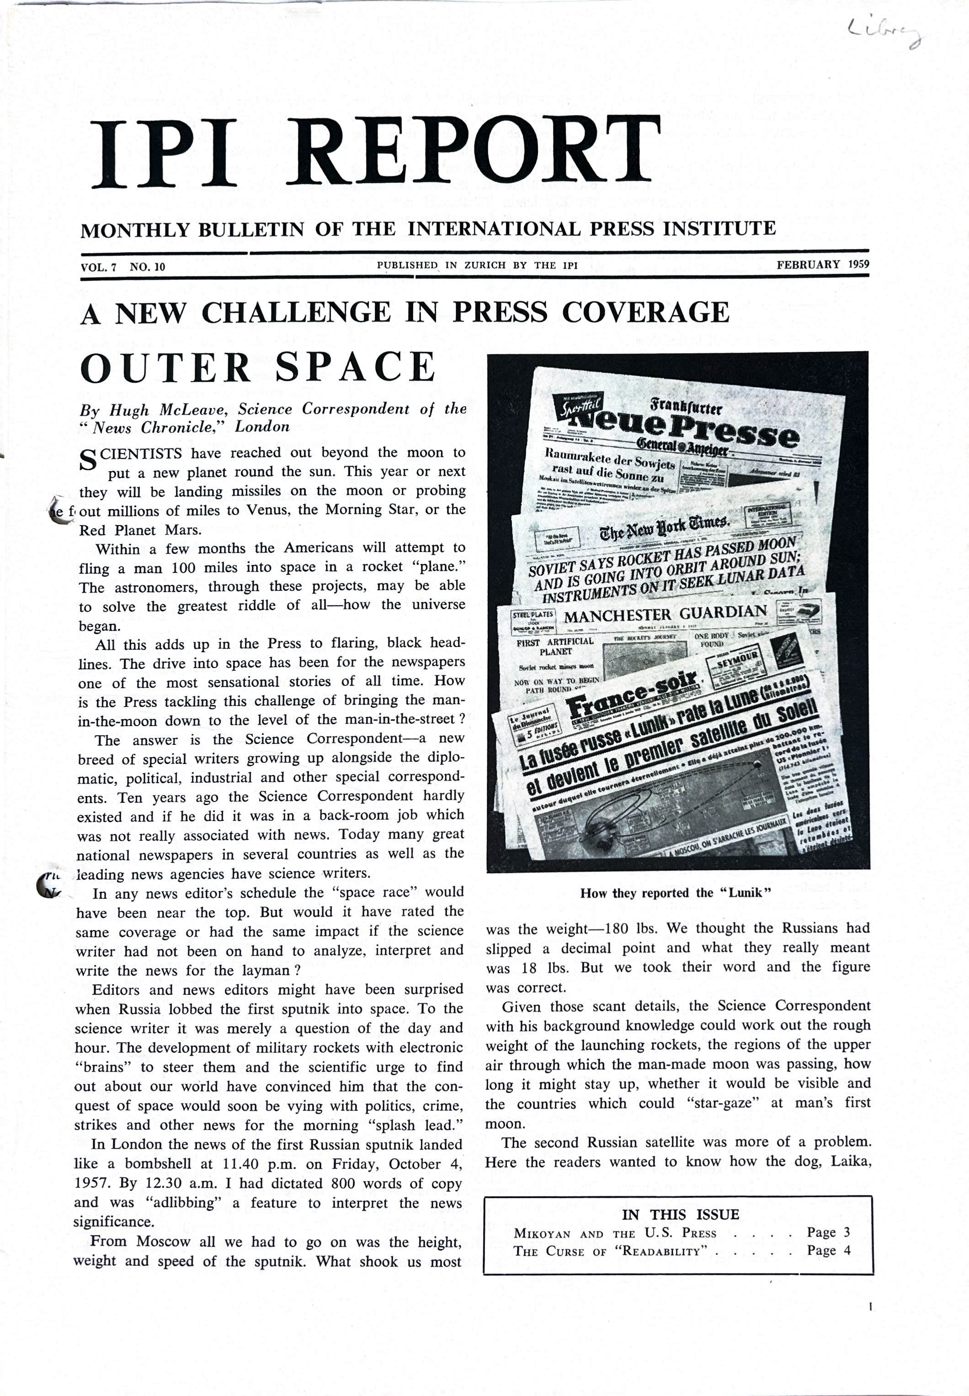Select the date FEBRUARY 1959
coord(822,265)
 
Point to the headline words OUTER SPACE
coord(258,368)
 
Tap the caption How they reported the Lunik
coord(675,893)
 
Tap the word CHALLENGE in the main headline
coord(296,313)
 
